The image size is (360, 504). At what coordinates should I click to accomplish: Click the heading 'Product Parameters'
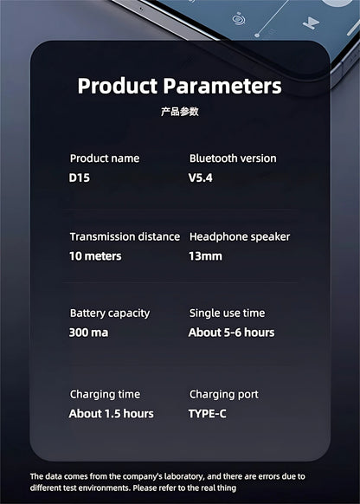179,86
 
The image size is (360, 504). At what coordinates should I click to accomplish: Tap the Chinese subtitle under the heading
179,112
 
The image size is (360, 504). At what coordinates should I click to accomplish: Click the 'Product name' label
105,158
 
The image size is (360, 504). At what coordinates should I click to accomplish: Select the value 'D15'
79,178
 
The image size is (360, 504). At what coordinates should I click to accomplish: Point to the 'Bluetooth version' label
233,158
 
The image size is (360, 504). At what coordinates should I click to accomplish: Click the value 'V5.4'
201,178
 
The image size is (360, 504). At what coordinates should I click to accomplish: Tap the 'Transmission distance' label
125,236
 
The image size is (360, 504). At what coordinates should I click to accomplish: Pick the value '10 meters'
95,255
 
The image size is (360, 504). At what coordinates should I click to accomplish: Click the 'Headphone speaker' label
240,236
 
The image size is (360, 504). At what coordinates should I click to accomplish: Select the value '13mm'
205,255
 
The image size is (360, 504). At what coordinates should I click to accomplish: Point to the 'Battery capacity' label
110,313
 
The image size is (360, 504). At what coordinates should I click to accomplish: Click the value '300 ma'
88,333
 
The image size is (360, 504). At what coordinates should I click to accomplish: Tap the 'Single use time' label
228,313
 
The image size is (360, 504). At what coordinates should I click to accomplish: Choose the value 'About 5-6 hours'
231,333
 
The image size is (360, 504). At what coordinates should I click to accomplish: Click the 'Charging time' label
105,394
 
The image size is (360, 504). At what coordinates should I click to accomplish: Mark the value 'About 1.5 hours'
111,413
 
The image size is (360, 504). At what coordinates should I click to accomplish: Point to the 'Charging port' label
224,394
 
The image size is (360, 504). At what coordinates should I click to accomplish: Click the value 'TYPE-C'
208,413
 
